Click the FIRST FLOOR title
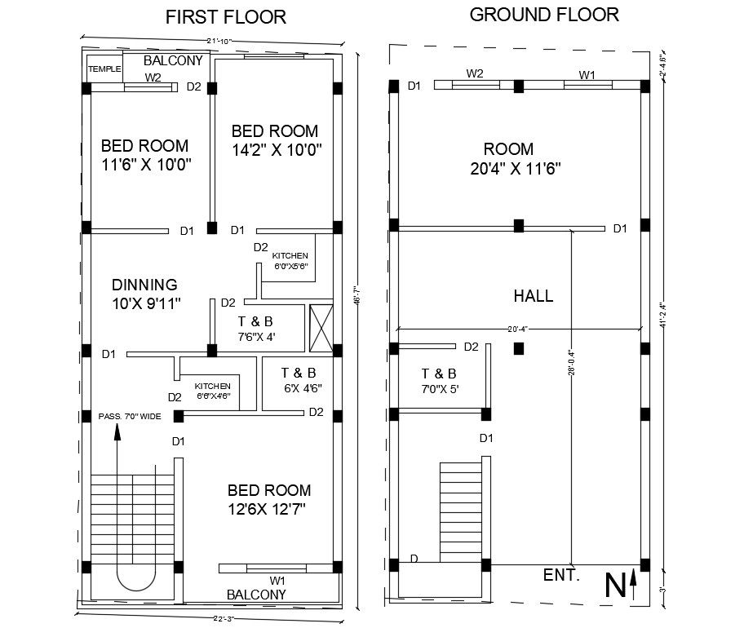[x=226, y=17]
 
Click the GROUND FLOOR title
[x=544, y=14]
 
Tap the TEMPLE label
[x=104, y=69]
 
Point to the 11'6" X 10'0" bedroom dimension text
[x=144, y=164]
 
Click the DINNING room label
[x=144, y=285]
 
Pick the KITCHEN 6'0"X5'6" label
[x=290, y=261]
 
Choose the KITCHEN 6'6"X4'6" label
[x=212, y=391]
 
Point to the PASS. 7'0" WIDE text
[x=130, y=416]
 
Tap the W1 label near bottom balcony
[x=277, y=580]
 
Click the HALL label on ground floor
[x=533, y=296]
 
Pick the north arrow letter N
[x=616, y=585]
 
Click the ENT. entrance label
[x=561, y=576]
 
